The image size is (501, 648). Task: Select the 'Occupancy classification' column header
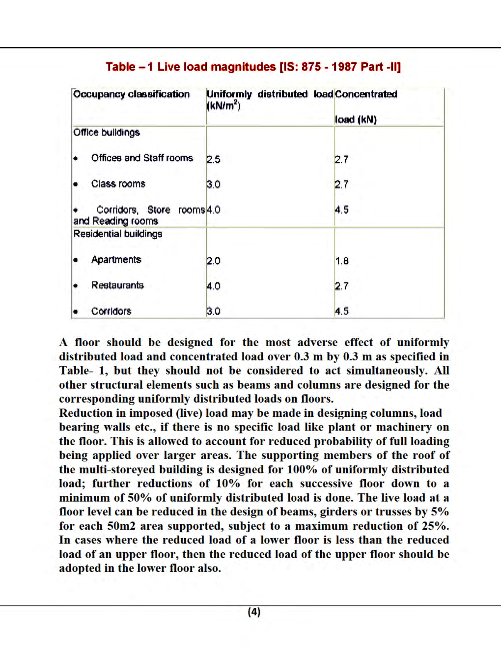tap(131, 94)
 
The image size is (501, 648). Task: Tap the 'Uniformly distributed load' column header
tap(269, 94)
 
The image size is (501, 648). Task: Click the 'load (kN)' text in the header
tap(356, 119)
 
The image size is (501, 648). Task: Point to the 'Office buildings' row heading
tap(107, 133)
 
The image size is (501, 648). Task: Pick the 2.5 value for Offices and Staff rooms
tap(213, 160)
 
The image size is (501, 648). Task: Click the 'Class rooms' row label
tap(118, 184)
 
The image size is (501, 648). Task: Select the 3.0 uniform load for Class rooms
tap(213, 185)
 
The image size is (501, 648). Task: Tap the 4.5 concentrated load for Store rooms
tap(342, 210)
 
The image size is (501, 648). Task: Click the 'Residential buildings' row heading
tap(118, 234)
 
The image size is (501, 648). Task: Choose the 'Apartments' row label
tap(116, 260)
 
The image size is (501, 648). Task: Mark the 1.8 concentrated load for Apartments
tap(342, 261)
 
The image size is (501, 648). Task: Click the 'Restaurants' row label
tap(117, 285)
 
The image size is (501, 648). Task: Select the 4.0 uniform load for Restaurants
tap(213, 286)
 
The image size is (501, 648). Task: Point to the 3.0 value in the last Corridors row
tap(213, 311)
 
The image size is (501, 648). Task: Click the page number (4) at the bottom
tap(254, 612)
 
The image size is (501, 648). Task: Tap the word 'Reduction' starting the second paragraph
tap(86, 413)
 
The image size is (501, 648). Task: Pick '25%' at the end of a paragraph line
tap(435, 526)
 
